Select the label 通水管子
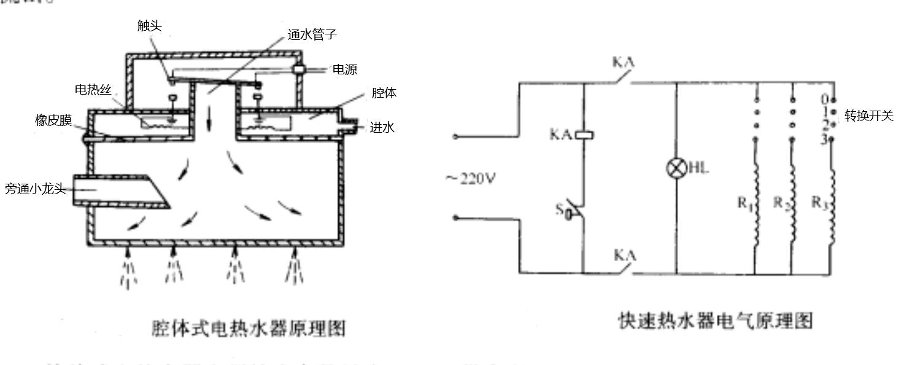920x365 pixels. point(312,34)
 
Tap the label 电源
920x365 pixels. point(344,69)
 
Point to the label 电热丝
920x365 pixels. point(93,90)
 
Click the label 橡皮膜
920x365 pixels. point(53,120)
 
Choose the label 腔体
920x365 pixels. point(384,93)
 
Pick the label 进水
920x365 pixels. point(382,127)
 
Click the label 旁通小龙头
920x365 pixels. point(35,189)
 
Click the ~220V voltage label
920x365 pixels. point(470,179)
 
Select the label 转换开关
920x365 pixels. point(869,116)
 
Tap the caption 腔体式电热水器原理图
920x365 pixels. point(248,328)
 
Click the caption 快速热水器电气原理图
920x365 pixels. point(715,321)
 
